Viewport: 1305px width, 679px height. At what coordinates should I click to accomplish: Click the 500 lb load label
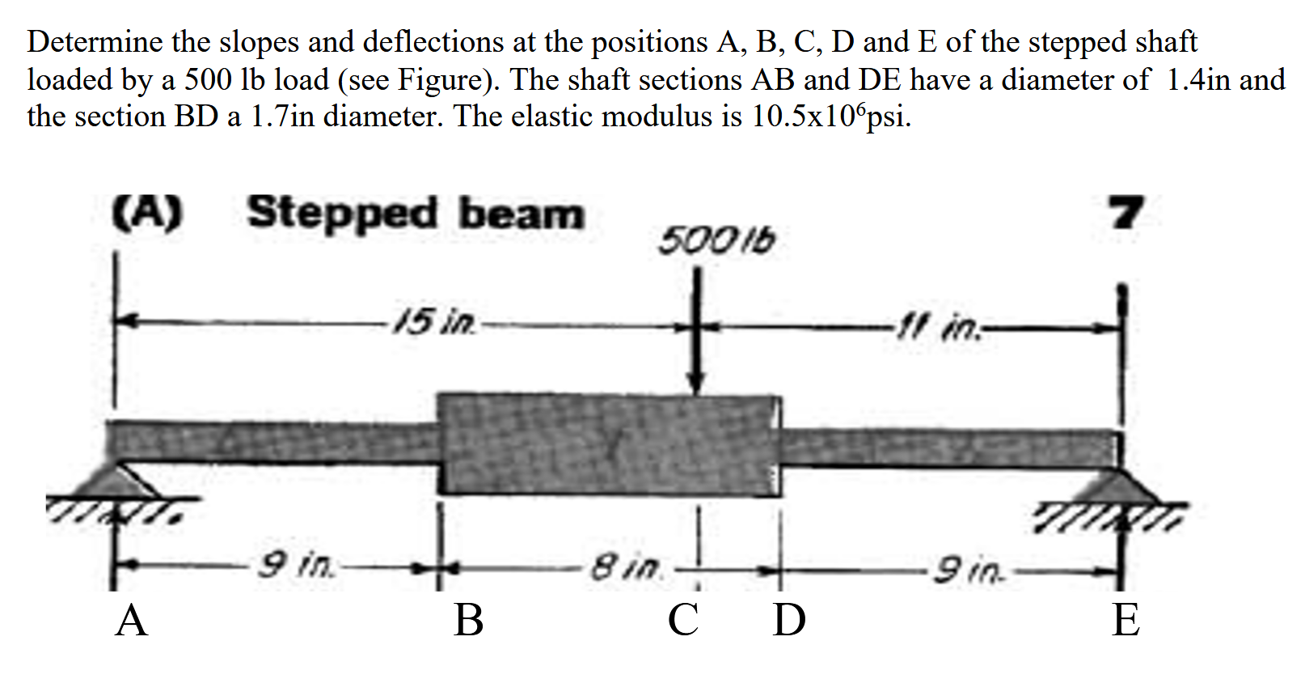(x=716, y=240)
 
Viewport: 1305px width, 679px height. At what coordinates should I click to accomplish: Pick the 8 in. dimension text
(x=626, y=567)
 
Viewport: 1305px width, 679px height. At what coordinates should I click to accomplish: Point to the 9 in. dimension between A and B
(x=296, y=564)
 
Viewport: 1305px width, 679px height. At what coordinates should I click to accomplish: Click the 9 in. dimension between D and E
(x=969, y=571)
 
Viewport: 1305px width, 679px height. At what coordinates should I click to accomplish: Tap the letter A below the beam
(x=132, y=622)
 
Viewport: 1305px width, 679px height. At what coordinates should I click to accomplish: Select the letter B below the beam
(x=469, y=622)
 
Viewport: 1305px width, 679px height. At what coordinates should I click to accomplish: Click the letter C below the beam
(x=683, y=622)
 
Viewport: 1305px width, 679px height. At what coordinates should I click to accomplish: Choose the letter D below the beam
(x=789, y=622)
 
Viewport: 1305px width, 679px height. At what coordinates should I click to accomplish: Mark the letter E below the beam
(x=1126, y=622)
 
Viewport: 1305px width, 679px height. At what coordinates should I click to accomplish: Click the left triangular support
(x=121, y=481)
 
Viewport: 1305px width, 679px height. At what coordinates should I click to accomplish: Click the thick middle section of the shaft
(x=606, y=443)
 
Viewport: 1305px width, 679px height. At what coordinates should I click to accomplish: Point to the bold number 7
(x=1126, y=213)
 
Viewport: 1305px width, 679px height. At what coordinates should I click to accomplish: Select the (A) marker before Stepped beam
(x=147, y=213)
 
